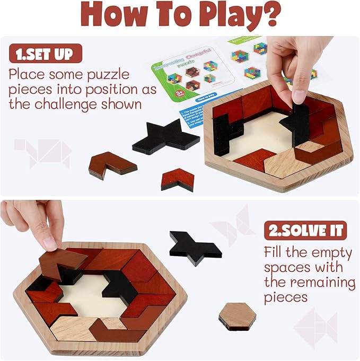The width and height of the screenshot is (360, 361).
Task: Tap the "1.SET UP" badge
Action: coord(46,54)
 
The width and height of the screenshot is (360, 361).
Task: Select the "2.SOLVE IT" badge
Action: coord(305,231)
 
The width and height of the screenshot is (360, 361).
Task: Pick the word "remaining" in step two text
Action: coord(310,281)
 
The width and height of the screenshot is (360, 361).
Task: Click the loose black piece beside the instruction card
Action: coord(165,137)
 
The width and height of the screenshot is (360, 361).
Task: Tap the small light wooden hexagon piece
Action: coord(237,316)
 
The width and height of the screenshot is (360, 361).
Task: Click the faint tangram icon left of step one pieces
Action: coord(42,151)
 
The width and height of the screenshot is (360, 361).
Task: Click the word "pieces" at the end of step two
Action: coord(286,297)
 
